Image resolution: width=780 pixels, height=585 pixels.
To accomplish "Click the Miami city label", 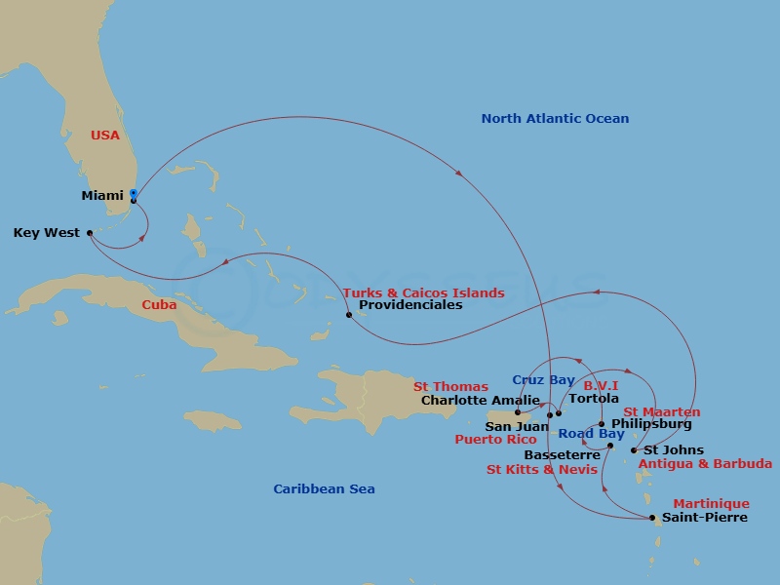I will pos(102,196).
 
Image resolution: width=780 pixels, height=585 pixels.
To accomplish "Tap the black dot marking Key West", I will pos(90,233).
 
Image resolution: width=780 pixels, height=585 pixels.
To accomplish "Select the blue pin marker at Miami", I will pos(133,195).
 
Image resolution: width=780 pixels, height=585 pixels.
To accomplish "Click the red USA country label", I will pos(105,136).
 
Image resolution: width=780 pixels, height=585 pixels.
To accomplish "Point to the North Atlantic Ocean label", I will pos(555,119).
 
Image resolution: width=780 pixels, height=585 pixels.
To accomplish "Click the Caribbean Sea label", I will pos(324,489).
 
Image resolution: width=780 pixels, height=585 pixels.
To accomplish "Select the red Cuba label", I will pos(159,304).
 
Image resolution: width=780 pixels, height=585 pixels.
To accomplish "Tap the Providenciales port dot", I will pos(349,315).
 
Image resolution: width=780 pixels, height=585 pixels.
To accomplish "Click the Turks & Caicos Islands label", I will pos(423,292).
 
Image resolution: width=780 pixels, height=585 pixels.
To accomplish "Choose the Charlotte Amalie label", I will pos(466,400).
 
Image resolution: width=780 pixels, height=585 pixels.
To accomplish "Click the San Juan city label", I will pos(517,426).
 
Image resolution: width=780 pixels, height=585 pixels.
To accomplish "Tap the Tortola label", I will pos(594,399).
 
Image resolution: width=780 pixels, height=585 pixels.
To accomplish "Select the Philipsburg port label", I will pos(651,424).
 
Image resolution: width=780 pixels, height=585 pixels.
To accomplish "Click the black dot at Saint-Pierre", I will pos(652,518).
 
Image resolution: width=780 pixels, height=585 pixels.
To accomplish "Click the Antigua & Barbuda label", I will pos(704,464).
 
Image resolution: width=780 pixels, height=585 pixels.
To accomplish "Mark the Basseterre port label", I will pos(562,455).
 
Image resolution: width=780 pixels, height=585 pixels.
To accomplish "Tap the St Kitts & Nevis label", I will pos(541,469).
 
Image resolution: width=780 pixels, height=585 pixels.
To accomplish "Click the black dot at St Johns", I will pos(634,450).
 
